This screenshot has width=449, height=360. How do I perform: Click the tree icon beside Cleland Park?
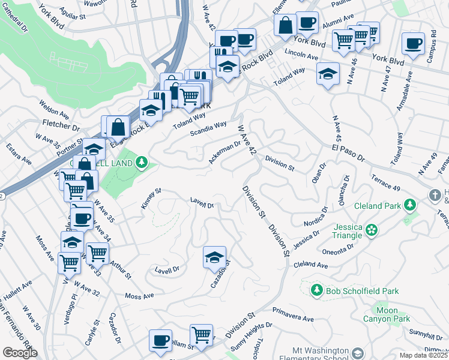click(x=411, y=206)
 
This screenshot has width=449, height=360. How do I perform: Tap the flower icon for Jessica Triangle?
click(x=372, y=229)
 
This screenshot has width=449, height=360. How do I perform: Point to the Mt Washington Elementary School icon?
click(x=359, y=353)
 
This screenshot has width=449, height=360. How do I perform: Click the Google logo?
click(x=20, y=353)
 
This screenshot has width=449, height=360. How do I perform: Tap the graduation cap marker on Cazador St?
click(x=214, y=257)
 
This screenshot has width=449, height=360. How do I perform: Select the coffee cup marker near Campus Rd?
click(x=413, y=44)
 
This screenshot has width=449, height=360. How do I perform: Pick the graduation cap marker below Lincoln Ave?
click(x=327, y=74)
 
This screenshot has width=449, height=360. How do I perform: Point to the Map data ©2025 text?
click(x=423, y=355)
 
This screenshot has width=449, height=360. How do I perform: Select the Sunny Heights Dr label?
click(x=252, y=331)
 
